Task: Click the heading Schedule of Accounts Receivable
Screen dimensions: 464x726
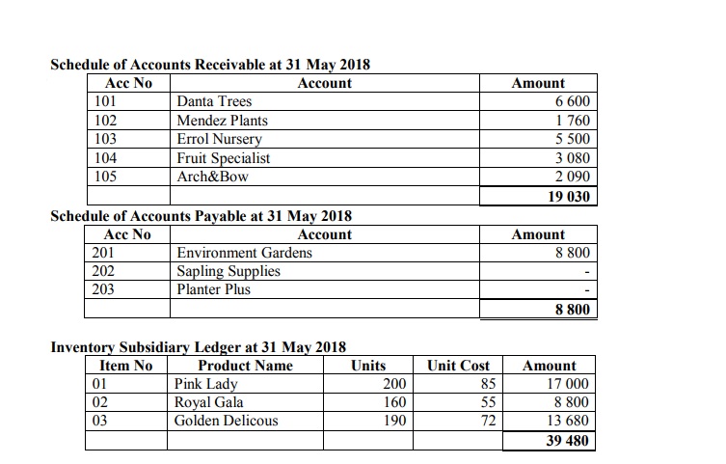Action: click(x=209, y=66)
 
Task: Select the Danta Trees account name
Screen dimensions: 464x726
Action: click(x=214, y=102)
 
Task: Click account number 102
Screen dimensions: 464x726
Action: click(x=105, y=121)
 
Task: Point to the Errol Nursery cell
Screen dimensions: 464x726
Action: click(x=219, y=139)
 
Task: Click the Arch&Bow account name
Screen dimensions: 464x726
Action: click(x=212, y=177)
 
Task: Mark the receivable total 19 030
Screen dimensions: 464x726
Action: click(x=569, y=196)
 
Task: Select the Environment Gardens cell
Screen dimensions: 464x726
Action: click(x=244, y=253)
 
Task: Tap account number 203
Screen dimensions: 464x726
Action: click(x=105, y=289)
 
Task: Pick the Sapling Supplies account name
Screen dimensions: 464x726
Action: click(x=229, y=271)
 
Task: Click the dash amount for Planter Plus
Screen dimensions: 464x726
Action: click(x=587, y=290)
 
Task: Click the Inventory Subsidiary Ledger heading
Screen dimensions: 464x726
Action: click(x=198, y=347)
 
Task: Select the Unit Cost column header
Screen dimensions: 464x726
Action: click(x=459, y=366)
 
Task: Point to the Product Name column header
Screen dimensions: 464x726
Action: click(x=245, y=366)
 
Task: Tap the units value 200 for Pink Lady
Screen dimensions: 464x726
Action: click(x=395, y=384)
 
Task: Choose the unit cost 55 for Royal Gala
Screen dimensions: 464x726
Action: click(x=487, y=402)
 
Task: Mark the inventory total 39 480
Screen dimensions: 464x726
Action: click(x=567, y=441)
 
